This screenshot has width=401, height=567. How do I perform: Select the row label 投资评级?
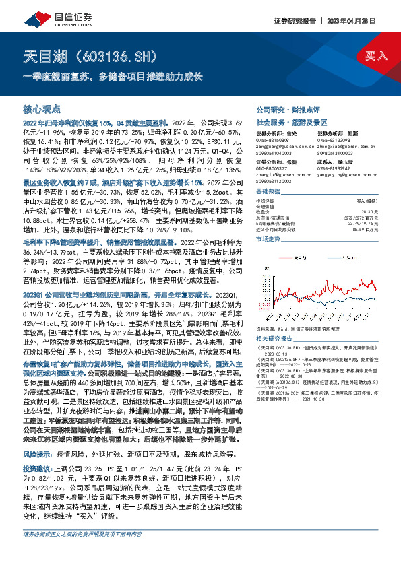tap(266, 201)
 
